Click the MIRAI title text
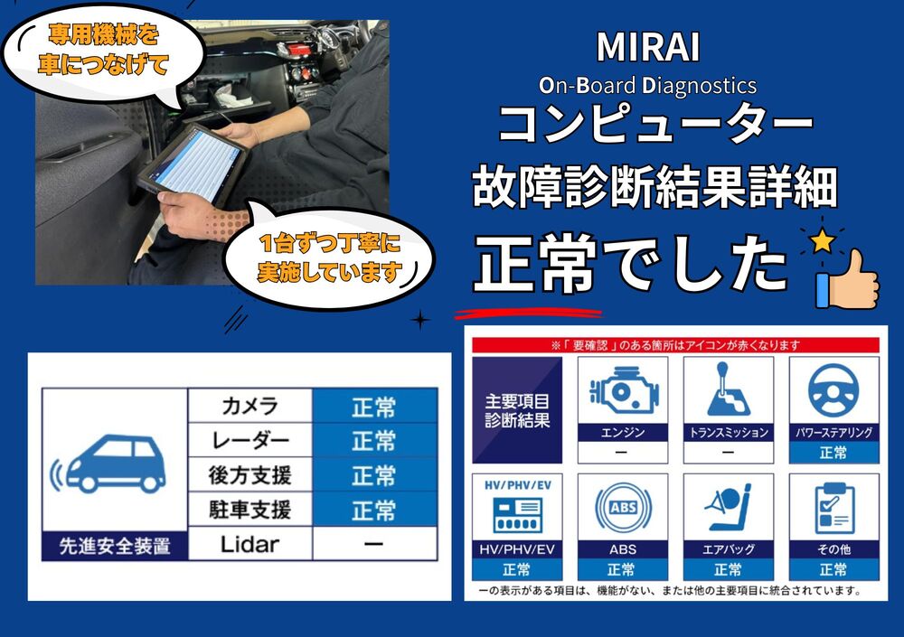648,47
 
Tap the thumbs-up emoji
847,279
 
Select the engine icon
623,391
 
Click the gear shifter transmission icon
728,389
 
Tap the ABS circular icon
623,508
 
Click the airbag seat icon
728,507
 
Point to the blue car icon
108,464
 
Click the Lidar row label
250,544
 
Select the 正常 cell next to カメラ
375,406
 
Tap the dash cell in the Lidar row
375,544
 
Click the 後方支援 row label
250,475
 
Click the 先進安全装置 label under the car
115,546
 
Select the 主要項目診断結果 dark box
517,410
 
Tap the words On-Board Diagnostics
647,86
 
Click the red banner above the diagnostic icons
675,345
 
